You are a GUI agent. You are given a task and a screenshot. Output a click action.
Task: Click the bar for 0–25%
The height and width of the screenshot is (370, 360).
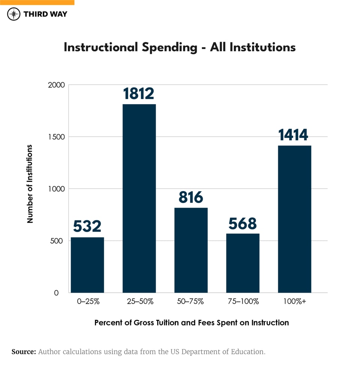[87, 265]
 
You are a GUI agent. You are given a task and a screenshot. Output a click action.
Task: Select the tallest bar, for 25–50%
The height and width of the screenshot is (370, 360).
[139, 198]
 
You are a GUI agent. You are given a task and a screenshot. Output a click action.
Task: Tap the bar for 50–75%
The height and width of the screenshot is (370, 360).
[191, 250]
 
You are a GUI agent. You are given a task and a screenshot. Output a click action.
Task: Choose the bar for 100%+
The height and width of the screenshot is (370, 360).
[294, 219]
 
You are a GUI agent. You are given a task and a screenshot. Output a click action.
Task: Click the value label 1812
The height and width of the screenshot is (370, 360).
[139, 94]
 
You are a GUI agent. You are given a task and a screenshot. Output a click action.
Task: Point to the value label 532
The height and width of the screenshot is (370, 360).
[87, 226]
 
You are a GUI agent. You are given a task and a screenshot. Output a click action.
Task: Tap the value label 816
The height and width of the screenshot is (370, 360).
[191, 197]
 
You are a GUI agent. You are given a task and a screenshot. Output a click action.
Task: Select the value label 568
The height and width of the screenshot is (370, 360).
[243, 223]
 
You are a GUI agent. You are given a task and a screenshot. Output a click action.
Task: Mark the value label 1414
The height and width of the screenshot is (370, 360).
[293, 135]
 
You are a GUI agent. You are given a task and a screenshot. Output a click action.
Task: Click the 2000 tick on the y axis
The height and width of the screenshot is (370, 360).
[56, 85]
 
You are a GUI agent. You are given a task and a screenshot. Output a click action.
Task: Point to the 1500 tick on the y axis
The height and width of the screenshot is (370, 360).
[57, 137]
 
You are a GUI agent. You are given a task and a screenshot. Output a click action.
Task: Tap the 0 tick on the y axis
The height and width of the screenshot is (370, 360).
[56, 293]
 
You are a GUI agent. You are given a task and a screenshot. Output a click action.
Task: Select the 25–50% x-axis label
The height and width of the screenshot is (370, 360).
[139, 301]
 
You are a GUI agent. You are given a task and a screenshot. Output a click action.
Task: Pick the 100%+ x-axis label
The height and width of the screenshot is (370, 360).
[294, 301]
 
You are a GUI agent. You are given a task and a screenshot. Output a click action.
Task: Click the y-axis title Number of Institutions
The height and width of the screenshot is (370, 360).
[30, 184]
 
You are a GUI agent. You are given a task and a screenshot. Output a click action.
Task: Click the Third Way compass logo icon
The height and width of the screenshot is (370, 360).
[14, 14]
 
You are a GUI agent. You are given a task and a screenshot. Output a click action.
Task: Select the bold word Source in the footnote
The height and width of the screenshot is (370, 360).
[24, 352]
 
